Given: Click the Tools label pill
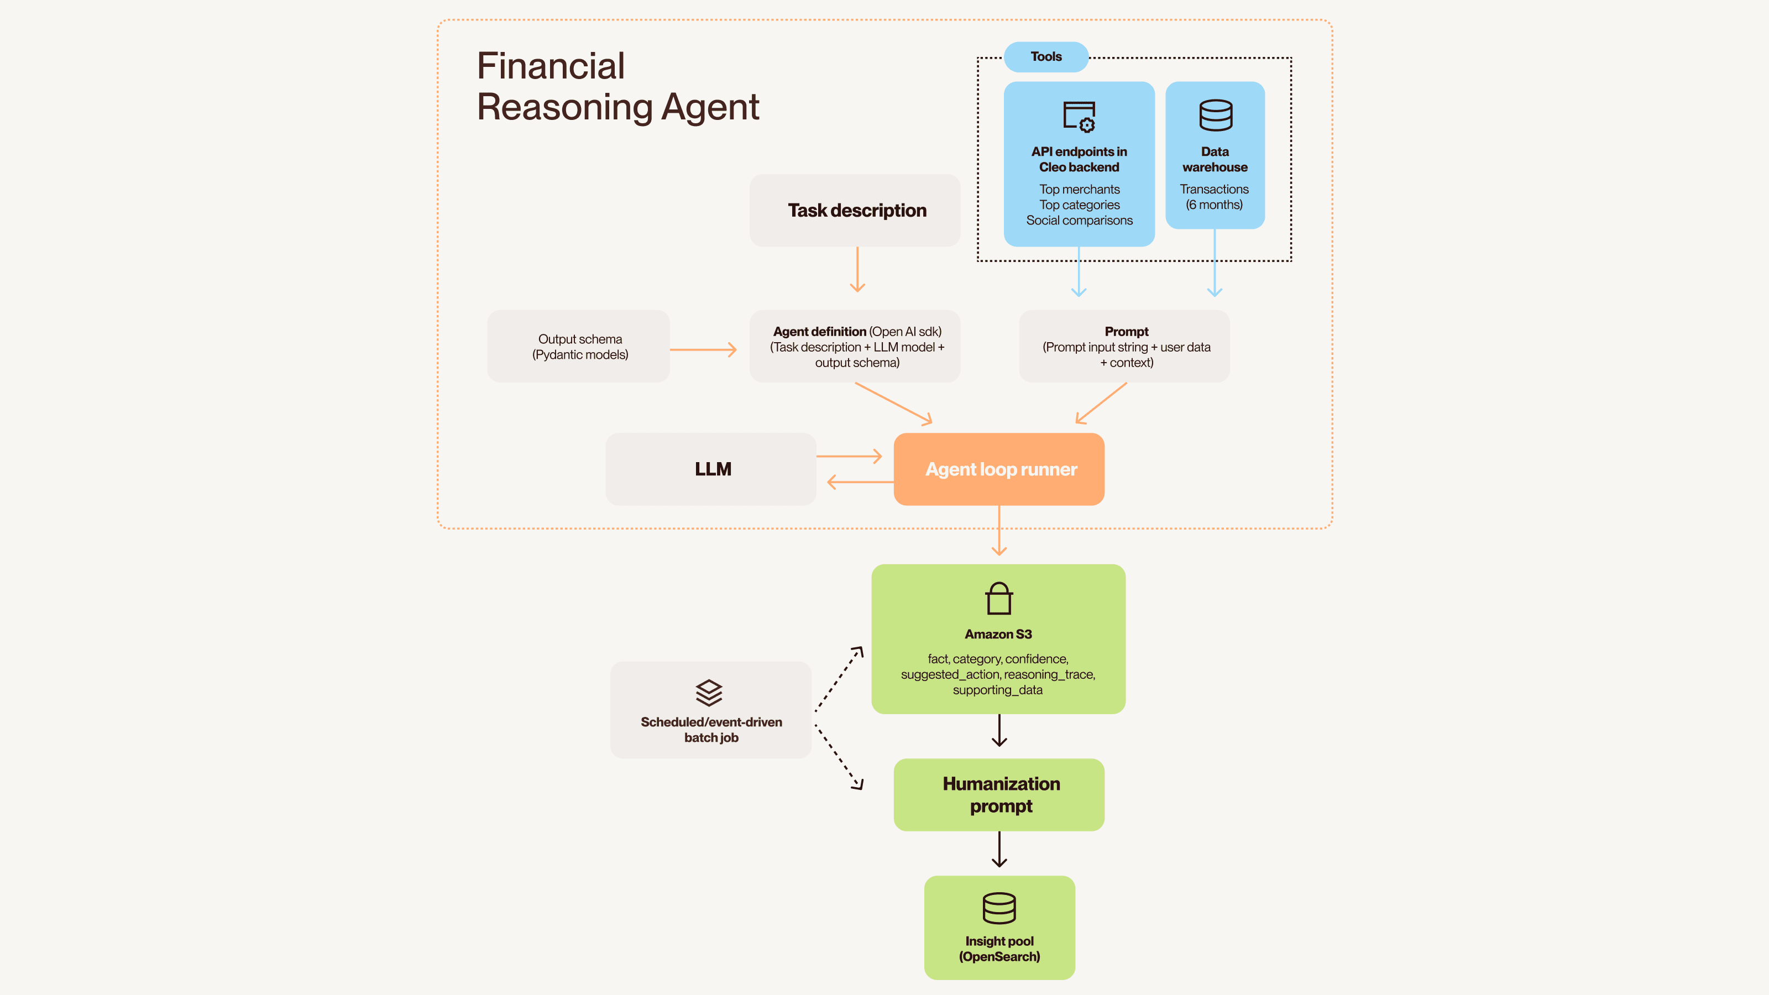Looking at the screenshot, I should tap(1045, 57).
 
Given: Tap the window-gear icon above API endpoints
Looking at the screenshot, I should tap(1079, 117).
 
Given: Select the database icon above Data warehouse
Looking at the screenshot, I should tap(1215, 116).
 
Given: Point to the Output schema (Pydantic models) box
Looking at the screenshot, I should tap(579, 347).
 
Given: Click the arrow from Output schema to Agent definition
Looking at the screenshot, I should tap(703, 349).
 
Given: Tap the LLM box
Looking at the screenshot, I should tap(711, 469).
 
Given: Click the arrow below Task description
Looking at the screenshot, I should tap(857, 270).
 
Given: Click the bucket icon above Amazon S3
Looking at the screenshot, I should tap(998, 599).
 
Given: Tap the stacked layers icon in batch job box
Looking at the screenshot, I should tap(709, 692).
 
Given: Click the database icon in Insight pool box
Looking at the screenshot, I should tap(998, 908).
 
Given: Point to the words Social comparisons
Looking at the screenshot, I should tap(1079, 221).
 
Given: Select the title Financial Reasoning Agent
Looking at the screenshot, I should tap(617, 87).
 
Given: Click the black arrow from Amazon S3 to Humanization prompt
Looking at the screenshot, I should tap(999, 731).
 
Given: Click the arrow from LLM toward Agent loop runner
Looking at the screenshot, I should tap(849, 456).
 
